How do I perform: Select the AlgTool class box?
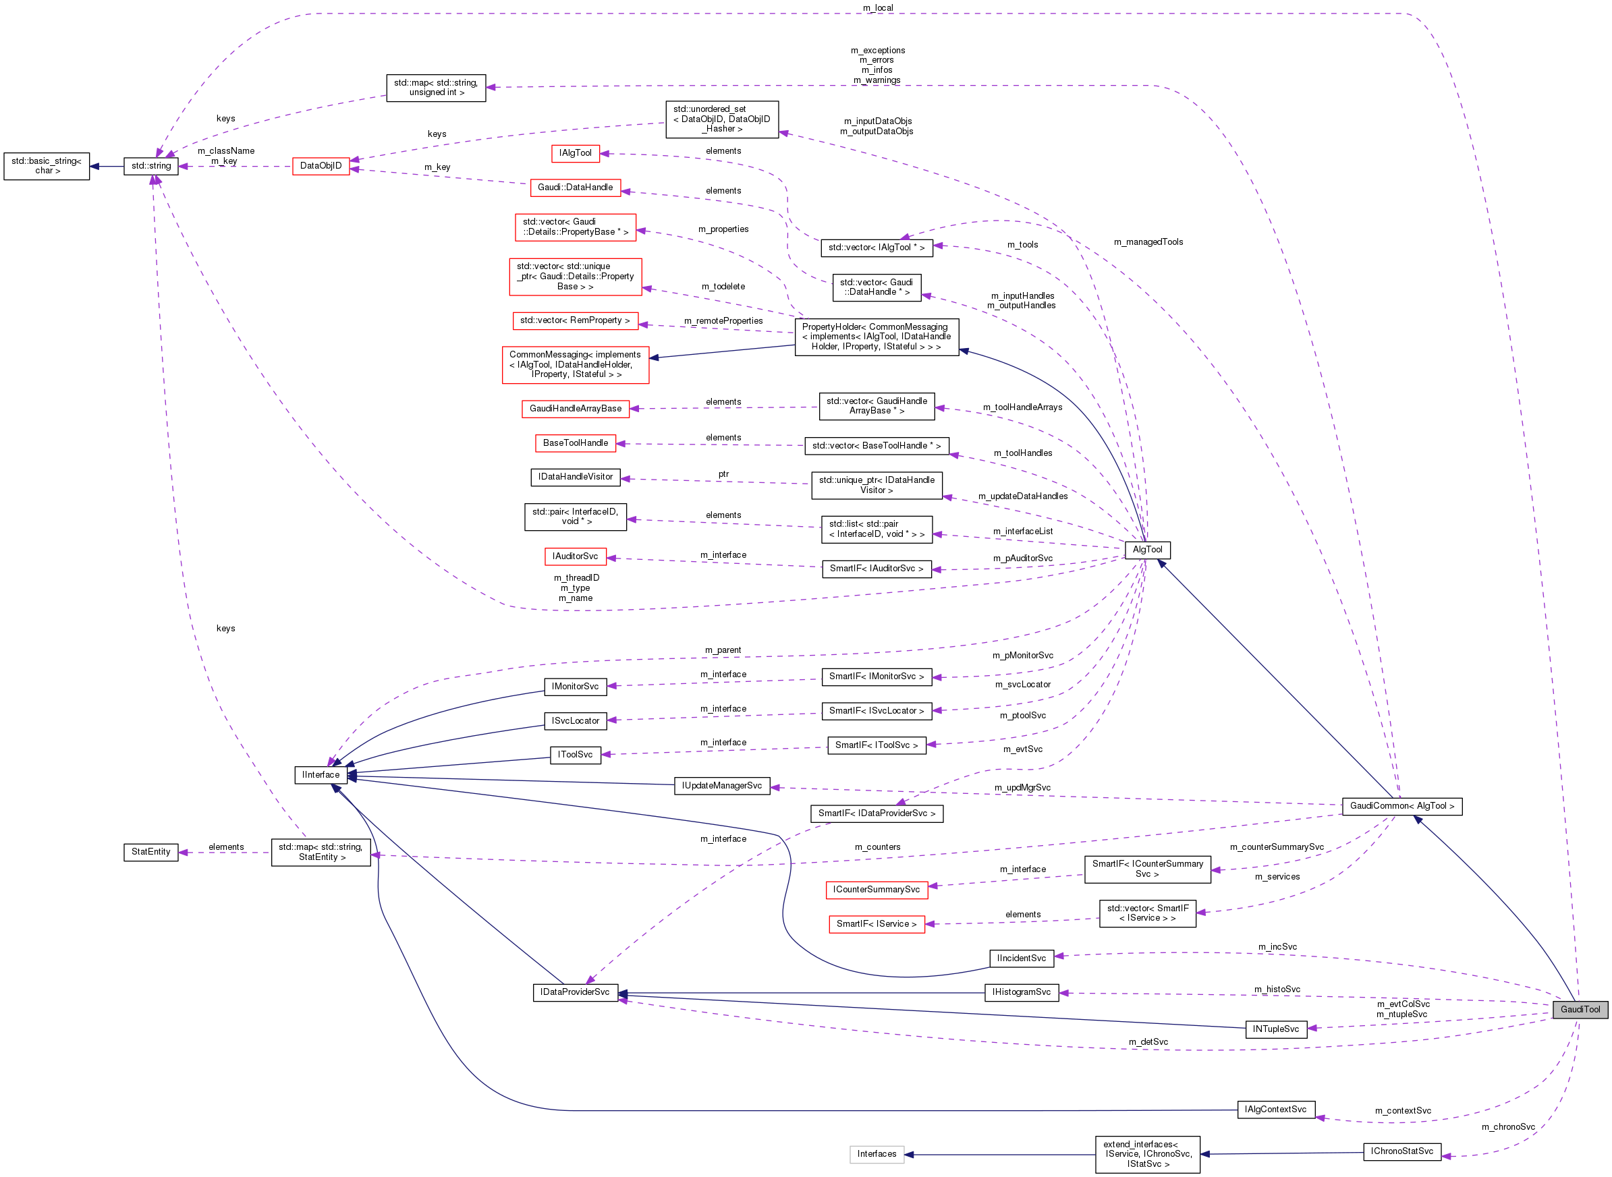coord(1146,549)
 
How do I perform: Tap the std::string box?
coord(150,166)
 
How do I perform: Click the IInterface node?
coord(321,774)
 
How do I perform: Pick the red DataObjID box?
coord(321,166)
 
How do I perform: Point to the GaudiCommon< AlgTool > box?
coord(1401,806)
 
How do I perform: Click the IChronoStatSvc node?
coord(1401,1151)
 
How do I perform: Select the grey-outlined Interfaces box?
coord(876,1154)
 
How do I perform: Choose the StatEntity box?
coord(150,852)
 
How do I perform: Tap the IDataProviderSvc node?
coord(574,992)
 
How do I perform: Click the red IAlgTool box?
coord(574,153)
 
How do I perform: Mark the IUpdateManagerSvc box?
coord(721,786)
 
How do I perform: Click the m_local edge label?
coord(877,8)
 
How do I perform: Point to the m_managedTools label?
coord(1147,242)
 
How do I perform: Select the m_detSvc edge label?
coord(1147,1042)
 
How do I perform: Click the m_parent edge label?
coord(723,650)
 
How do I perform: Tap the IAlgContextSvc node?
coord(1275,1110)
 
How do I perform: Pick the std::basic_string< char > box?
coord(47,166)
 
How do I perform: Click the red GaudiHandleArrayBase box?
coord(574,409)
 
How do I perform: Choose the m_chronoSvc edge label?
coord(1507,1127)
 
